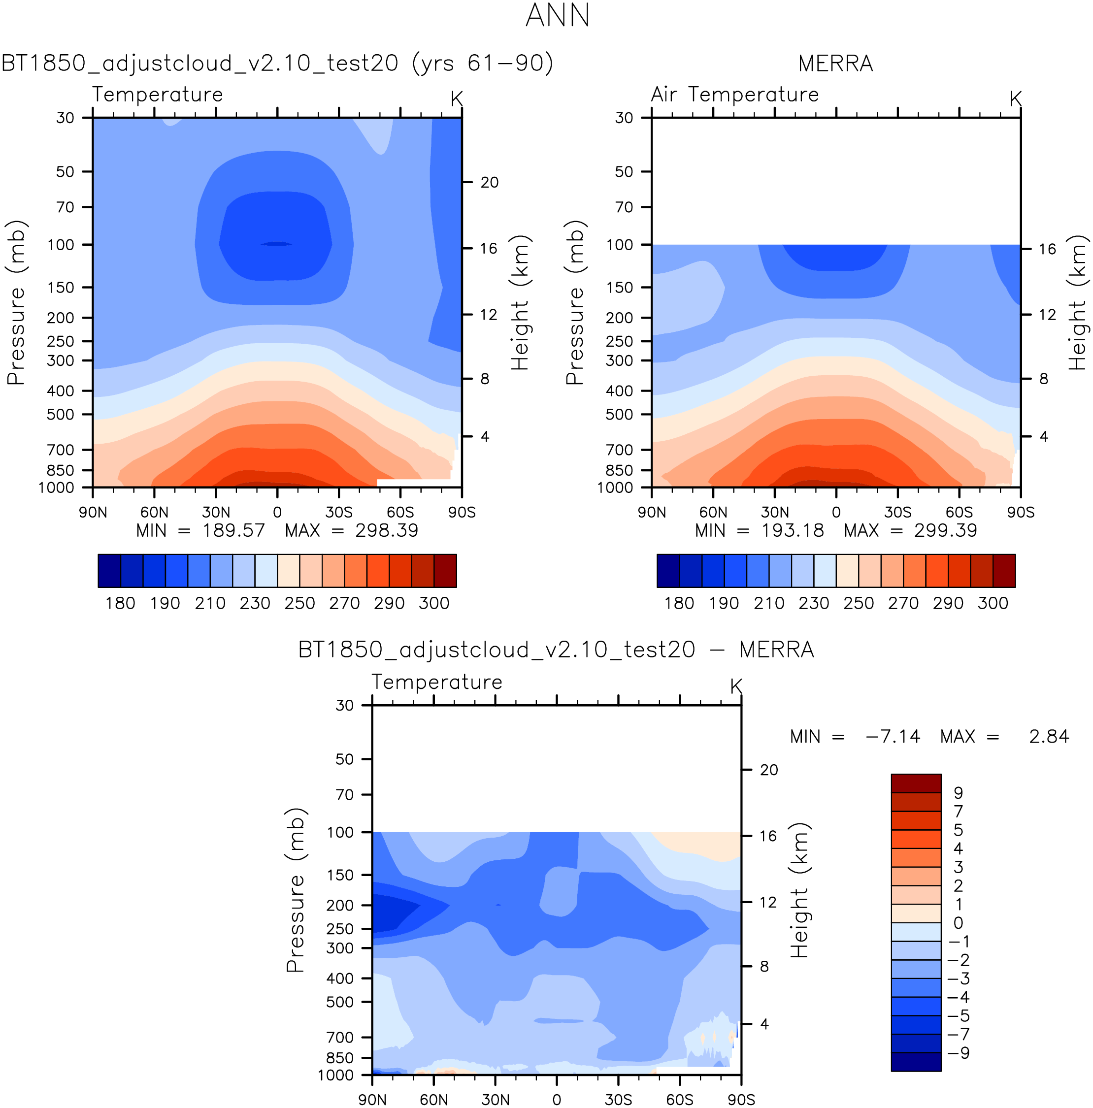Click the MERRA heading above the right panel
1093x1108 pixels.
click(x=835, y=64)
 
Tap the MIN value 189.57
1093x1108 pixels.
click(x=233, y=530)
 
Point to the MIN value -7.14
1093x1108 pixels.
click(x=892, y=736)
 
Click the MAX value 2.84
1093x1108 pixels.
click(x=1048, y=736)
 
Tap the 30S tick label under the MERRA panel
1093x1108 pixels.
click(x=897, y=512)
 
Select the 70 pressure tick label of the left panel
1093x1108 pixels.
click(x=66, y=207)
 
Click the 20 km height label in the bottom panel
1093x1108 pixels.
click(x=769, y=770)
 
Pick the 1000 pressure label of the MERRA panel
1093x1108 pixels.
click(x=615, y=488)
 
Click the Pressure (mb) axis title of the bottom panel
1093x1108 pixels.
click(x=295, y=889)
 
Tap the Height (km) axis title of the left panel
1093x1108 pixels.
click(x=519, y=302)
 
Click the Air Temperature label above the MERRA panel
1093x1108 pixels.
click(x=734, y=95)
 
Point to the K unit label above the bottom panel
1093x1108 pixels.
click(x=736, y=686)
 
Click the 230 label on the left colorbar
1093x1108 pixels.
click(x=255, y=603)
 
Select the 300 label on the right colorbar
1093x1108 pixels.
click(x=993, y=603)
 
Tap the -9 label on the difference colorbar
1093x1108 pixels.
click(x=958, y=1053)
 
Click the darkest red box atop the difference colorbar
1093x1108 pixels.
click(x=916, y=783)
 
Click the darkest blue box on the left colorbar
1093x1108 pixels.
click(x=109, y=571)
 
